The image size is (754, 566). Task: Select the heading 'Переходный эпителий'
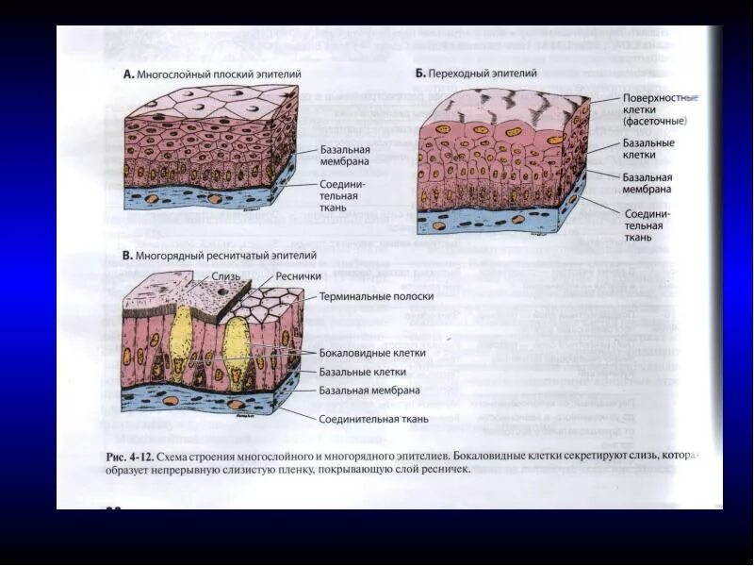(x=483, y=72)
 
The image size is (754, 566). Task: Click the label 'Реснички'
(x=298, y=276)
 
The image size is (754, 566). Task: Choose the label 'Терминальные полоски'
(x=376, y=295)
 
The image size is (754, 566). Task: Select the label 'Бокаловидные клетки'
(x=372, y=353)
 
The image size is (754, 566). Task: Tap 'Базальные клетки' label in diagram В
(x=362, y=372)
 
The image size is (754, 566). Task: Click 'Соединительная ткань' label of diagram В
(x=373, y=419)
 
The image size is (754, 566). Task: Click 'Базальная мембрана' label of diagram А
(x=345, y=155)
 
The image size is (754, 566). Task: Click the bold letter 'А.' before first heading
(x=129, y=74)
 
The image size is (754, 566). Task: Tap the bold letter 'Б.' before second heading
(x=420, y=72)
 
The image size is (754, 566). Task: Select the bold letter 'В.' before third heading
(x=127, y=255)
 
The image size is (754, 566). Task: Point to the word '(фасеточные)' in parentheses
(x=654, y=122)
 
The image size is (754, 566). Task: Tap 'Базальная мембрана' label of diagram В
(x=369, y=390)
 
